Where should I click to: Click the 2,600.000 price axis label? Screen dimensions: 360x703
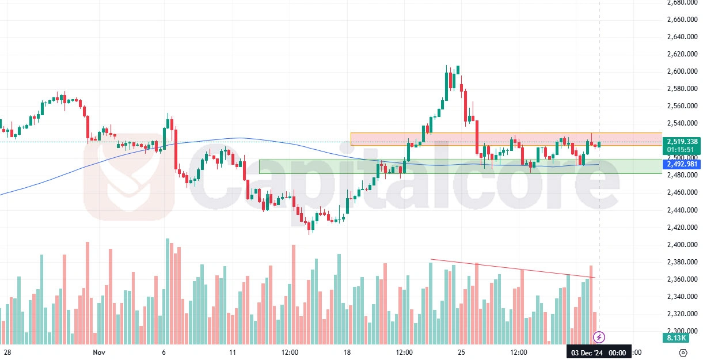tap(682, 71)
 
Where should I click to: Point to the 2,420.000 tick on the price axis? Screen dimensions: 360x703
tap(682, 228)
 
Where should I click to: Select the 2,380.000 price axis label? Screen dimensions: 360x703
tap(682, 262)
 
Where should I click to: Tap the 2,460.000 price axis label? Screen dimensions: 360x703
tap(682, 193)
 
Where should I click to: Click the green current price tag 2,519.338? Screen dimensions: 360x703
tap(682, 142)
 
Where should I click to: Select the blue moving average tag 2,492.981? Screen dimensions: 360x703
tap(682, 164)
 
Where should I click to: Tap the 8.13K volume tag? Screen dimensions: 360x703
tap(672, 339)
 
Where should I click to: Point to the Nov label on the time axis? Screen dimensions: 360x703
tap(99, 352)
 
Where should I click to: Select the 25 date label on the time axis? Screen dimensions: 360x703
tap(461, 352)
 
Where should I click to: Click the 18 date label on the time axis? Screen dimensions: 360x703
tap(347, 352)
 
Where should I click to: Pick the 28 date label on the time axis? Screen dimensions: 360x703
tap(8, 352)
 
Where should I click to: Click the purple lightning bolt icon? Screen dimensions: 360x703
tap(599, 336)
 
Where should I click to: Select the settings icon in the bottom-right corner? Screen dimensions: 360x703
tap(683, 352)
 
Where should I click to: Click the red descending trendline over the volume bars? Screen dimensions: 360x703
tap(512, 268)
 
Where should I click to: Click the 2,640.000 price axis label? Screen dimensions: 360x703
tap(682, 37)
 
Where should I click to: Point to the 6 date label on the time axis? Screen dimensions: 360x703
tap(164, 352)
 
